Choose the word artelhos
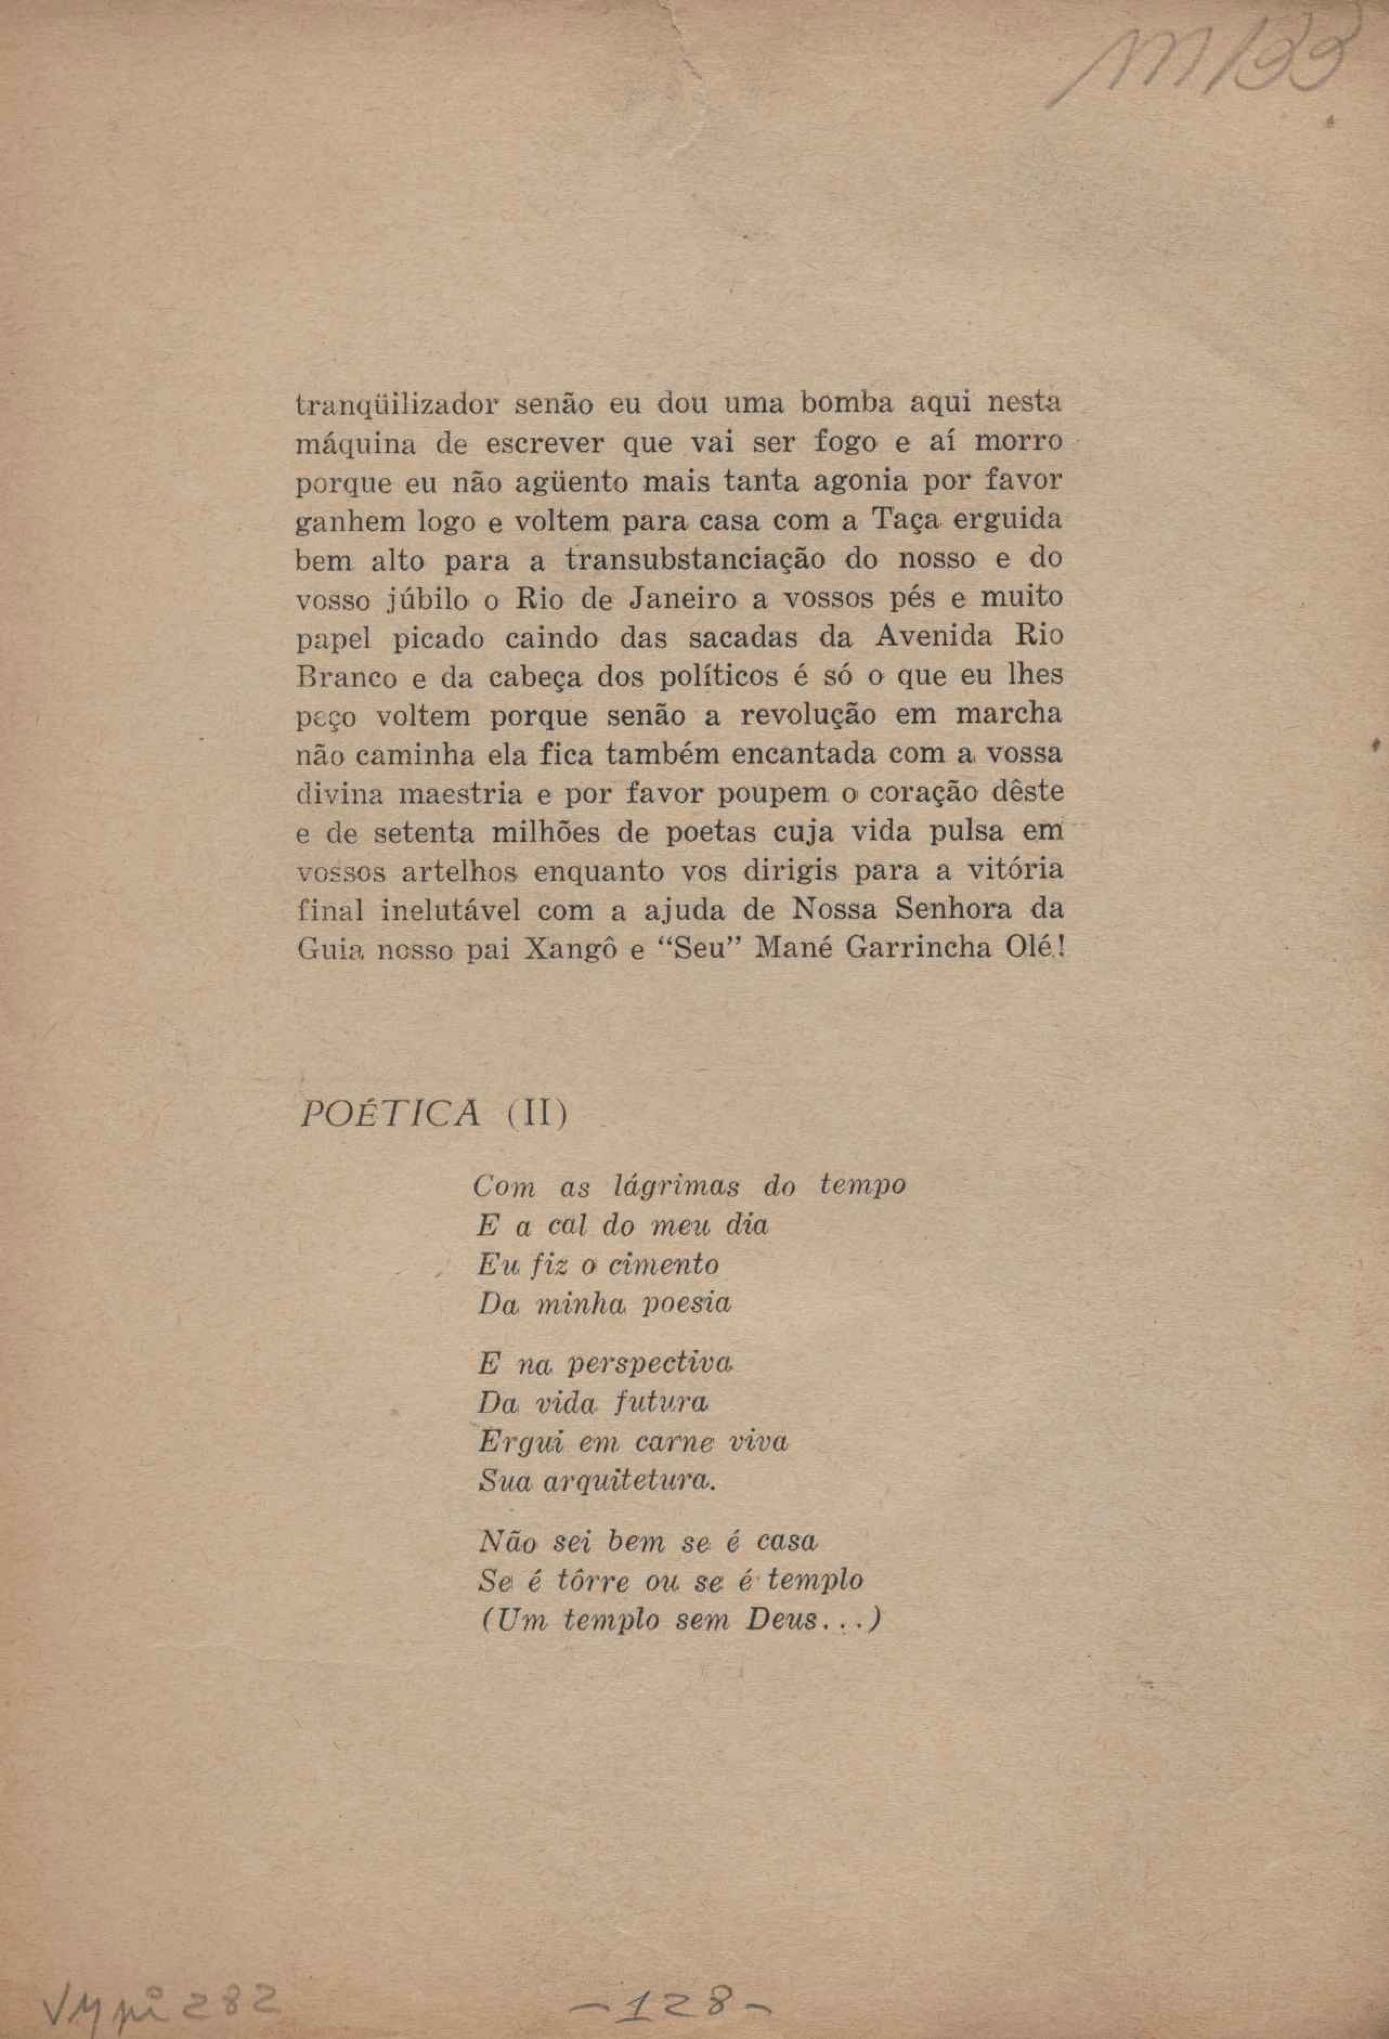(459, 871)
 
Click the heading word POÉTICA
(391, 1113)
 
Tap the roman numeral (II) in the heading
(538, 1113)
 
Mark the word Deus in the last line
(782, 1620)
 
